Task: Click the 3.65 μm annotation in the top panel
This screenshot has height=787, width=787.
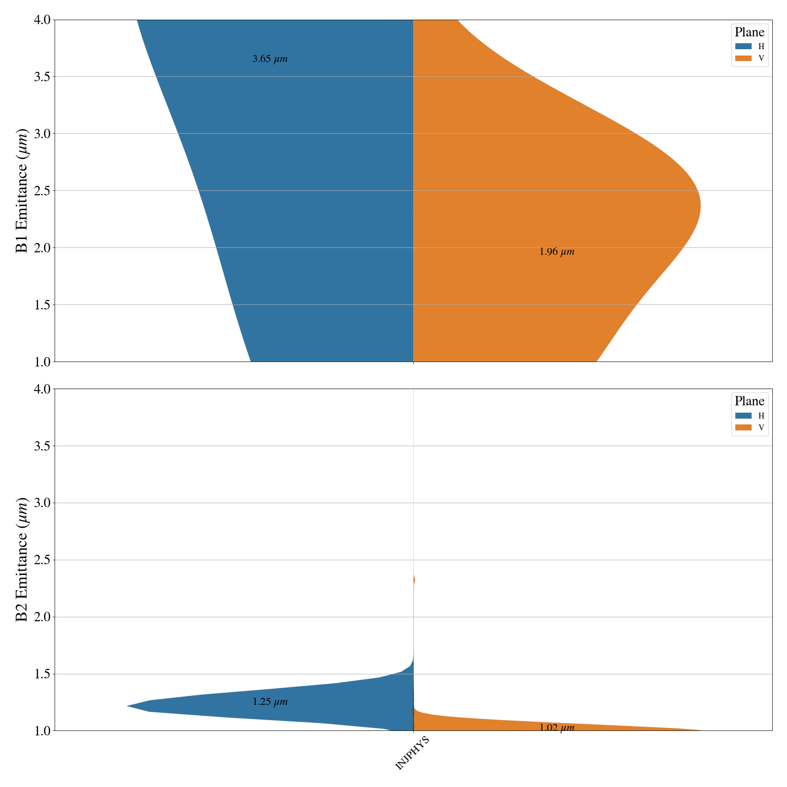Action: click(x=270, y=59)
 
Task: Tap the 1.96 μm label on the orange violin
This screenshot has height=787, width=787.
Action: click(x=556, y=252)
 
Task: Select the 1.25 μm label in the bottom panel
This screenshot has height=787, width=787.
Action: click(x=270, y=702)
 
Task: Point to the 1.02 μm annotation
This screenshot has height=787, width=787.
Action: click(x=556, y=728)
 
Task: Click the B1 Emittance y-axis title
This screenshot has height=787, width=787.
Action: click(x=22, y=191)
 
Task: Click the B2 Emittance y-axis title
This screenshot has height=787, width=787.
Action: click(x=22, y=560)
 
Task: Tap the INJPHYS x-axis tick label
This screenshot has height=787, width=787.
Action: click(x=412, y=753)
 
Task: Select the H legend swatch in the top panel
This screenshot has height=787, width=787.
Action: click(x=743, y=46)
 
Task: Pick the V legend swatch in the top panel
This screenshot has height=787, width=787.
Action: click(x=743, y=58)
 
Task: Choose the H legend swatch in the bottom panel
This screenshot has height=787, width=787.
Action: click(x=743, y=416)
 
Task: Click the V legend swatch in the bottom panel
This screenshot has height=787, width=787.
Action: click(x=743, y=427)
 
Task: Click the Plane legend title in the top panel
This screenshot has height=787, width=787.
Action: click(x=749, y=32)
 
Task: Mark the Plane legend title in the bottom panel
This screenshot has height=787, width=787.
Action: click(x=749, y=401)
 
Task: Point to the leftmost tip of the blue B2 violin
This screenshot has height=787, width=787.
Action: click(x=128, y=706)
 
